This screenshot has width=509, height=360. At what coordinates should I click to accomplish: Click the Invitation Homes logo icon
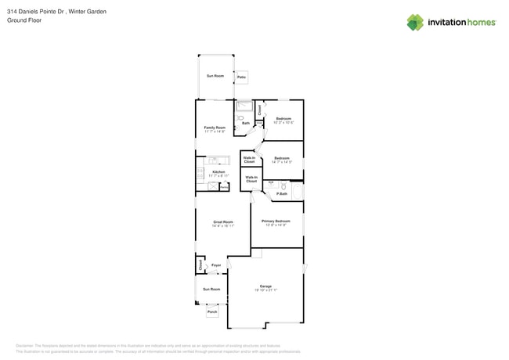415,22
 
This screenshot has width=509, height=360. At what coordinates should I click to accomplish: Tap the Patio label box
242,77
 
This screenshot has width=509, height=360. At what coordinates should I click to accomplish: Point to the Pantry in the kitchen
224,188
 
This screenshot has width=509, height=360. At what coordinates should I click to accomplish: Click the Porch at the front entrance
212,311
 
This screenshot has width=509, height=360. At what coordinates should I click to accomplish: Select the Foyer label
216,265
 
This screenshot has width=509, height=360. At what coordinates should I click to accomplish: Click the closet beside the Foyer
200,265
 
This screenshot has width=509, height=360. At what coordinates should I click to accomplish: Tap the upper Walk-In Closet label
249,160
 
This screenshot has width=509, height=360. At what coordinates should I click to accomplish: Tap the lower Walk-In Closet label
251,179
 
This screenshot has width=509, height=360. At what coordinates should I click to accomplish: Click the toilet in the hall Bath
241,118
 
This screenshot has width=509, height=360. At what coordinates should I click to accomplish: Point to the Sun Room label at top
215,76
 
